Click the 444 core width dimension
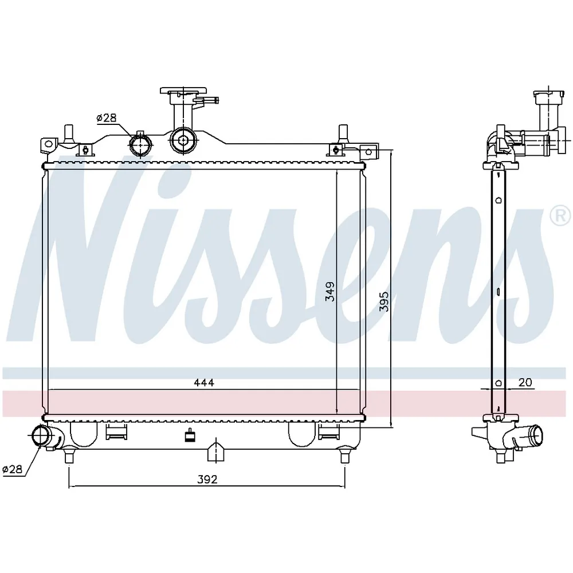point(204,383)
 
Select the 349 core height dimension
point(330,291)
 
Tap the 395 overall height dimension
point(384,301)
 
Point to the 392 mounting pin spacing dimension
point(207,479)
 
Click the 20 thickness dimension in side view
point(525,382)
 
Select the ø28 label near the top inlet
point(107,117)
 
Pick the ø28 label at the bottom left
point(12,469)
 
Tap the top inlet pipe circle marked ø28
point(140,145)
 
